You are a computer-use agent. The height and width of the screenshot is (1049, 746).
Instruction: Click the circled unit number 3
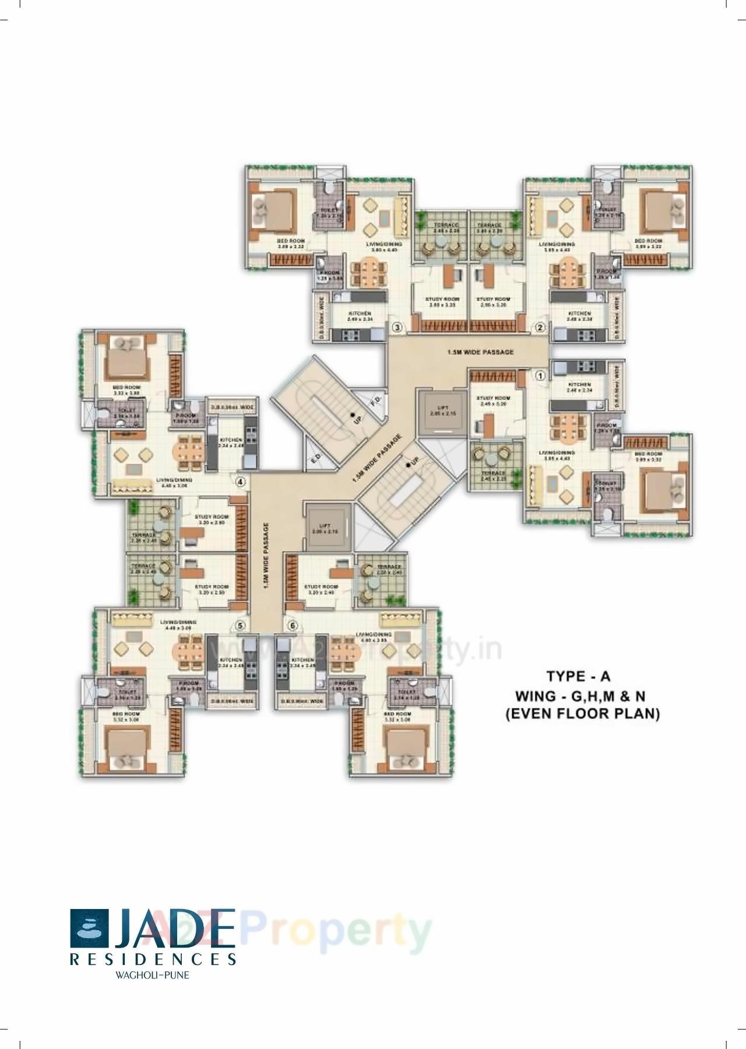396,328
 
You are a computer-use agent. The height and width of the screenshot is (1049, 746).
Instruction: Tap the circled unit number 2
540,328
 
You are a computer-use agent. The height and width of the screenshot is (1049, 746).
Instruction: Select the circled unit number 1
540,376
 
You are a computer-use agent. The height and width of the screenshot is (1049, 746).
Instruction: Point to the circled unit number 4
240,482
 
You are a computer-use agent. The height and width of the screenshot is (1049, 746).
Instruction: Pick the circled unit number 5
240,625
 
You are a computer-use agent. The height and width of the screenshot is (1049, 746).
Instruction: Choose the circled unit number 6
293,625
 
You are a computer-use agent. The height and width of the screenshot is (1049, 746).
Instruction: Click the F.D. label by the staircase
376,402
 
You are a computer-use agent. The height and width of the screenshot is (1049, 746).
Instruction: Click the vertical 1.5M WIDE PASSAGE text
265,556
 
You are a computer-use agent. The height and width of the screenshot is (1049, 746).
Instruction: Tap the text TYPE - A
578,676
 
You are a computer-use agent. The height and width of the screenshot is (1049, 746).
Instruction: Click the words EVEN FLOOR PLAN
582,714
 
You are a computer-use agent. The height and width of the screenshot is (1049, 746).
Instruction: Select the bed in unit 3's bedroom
271,210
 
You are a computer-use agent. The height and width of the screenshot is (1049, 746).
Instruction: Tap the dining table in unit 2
564,271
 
